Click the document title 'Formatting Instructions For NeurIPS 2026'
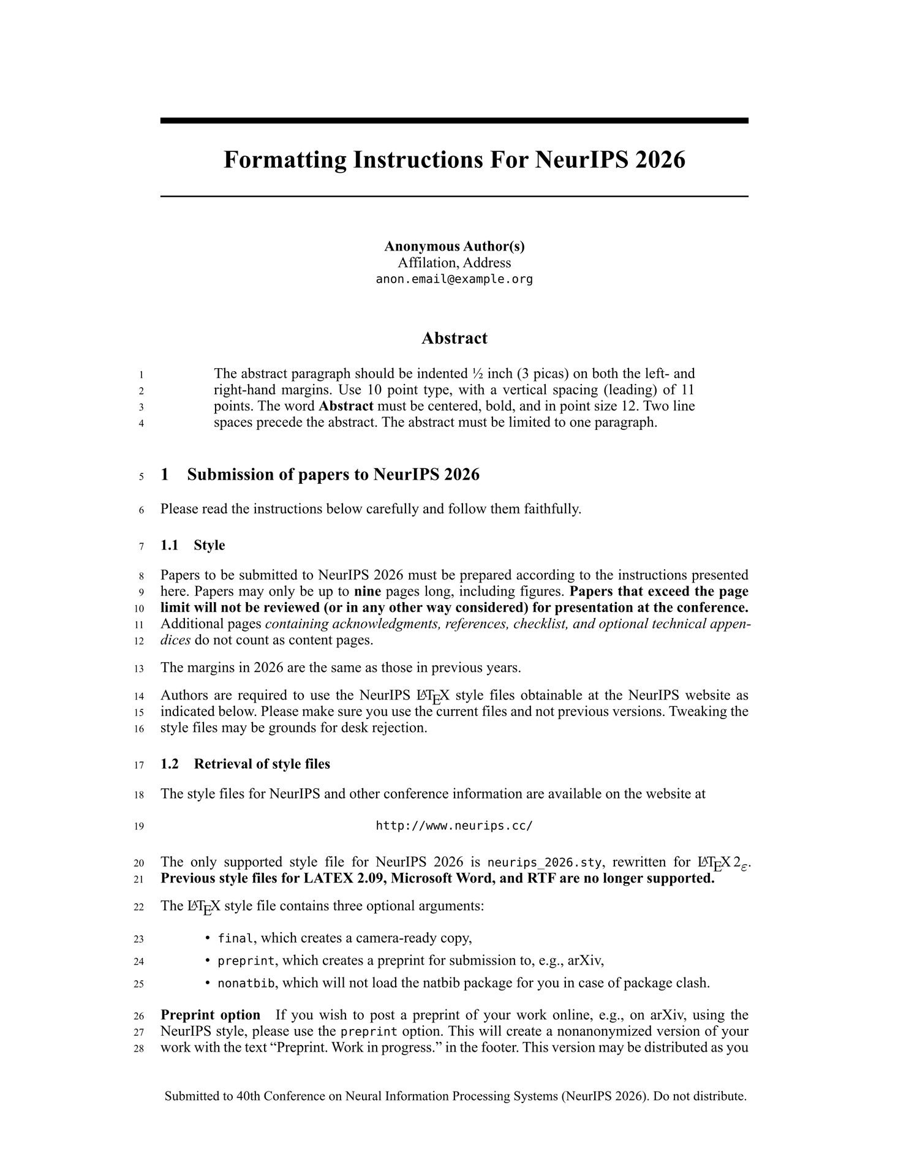point(454,160)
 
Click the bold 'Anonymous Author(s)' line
point(454,246)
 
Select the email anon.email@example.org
point(454,279)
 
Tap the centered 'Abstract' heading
point(454,338)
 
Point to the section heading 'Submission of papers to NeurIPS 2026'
point(333,475)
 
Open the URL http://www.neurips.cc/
point(454,826)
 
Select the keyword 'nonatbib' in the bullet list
point(246,984)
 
